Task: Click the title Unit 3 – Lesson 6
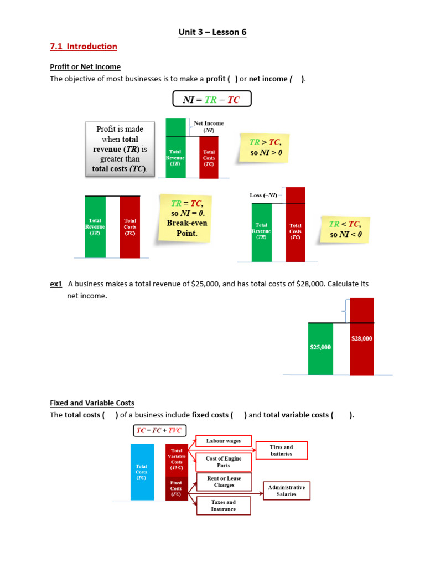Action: tap(212, 32)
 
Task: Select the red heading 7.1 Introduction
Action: tap(83, 47)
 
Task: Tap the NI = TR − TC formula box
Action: tap(212, 99)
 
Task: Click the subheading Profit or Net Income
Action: tap(85, 67)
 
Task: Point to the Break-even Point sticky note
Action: tap(186, 218)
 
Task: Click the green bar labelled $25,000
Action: tap(320, 348)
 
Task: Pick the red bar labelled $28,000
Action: tap(362, 336)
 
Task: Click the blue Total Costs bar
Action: tap(142, 472)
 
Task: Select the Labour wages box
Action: tap(223, 441)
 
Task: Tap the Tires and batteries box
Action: tap(281, 450)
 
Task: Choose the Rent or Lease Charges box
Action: tap(224, 482)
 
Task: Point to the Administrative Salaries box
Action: tap(286, 491)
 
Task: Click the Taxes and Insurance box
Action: tap(223, 506)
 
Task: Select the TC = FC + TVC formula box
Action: tap(159, 431)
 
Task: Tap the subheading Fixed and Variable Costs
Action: tap(92, 403)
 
